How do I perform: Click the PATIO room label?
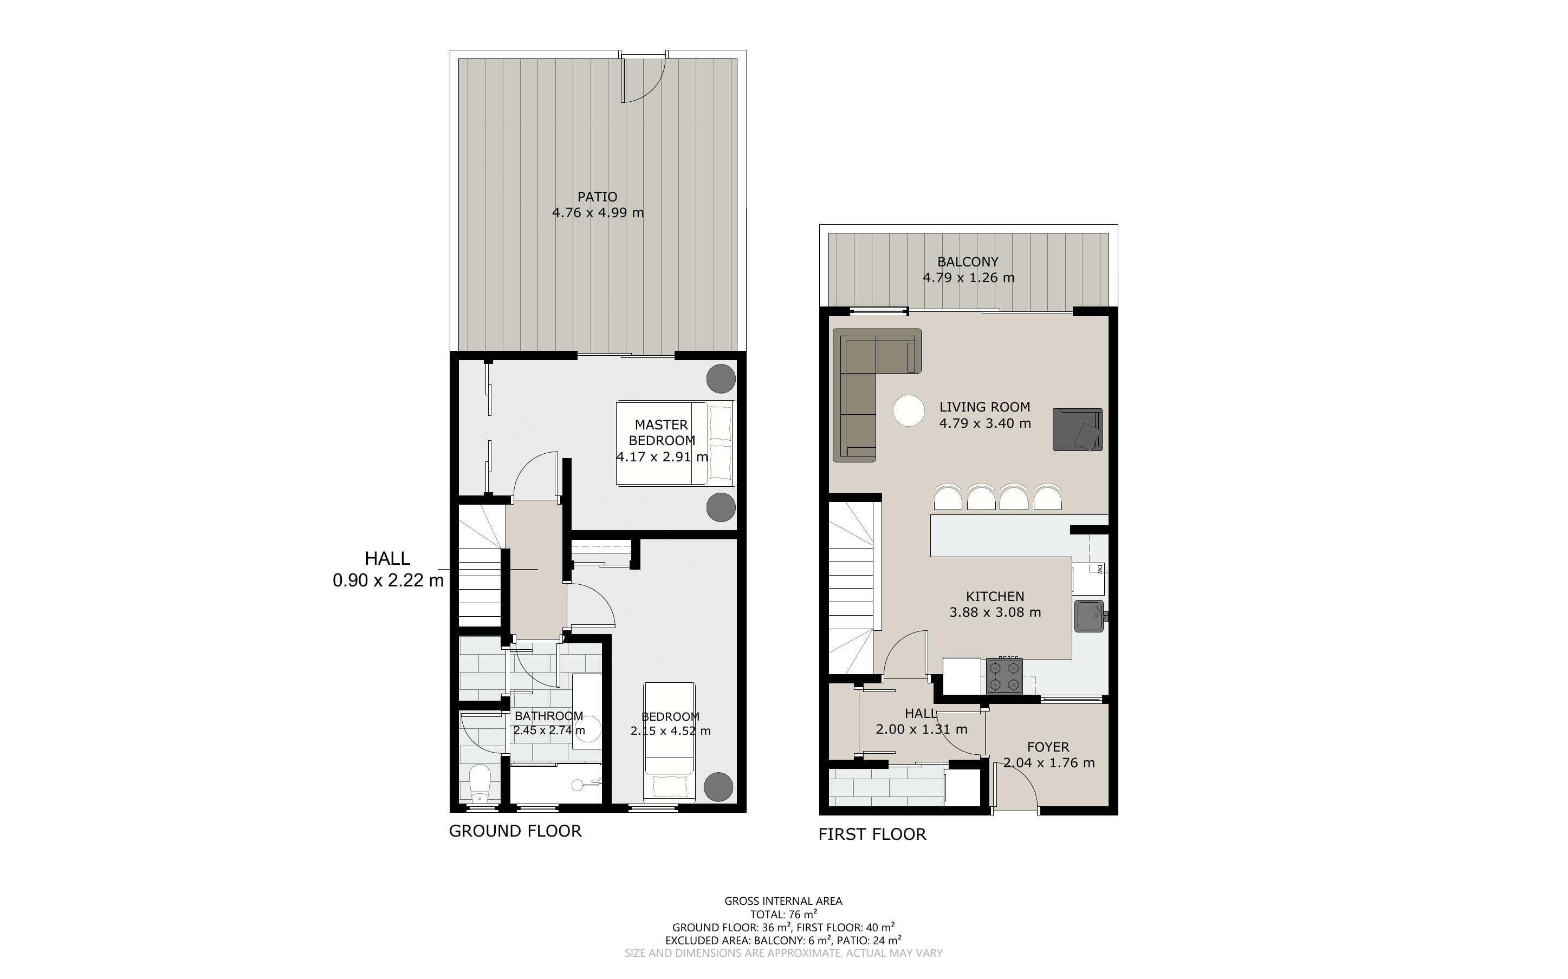coord(597,196)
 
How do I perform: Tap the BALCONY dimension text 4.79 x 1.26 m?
coord(968,278)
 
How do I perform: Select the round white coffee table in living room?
coord(909,410)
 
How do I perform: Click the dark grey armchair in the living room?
coord(1078,429)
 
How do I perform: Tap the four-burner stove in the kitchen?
coord(1004,675)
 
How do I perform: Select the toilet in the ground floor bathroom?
coord(480,784)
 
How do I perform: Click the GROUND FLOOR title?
coord(516,831)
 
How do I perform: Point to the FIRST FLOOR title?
coord(872,834)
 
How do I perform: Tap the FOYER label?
coord(1048,747)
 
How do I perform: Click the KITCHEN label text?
coord(995,596)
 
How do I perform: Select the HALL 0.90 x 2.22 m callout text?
coord(388,569)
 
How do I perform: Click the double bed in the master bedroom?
coord(676,443)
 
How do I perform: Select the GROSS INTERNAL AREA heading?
coord(783,900)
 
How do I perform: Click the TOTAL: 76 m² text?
coord(783,914)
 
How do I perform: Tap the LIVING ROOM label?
coord(984,407)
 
